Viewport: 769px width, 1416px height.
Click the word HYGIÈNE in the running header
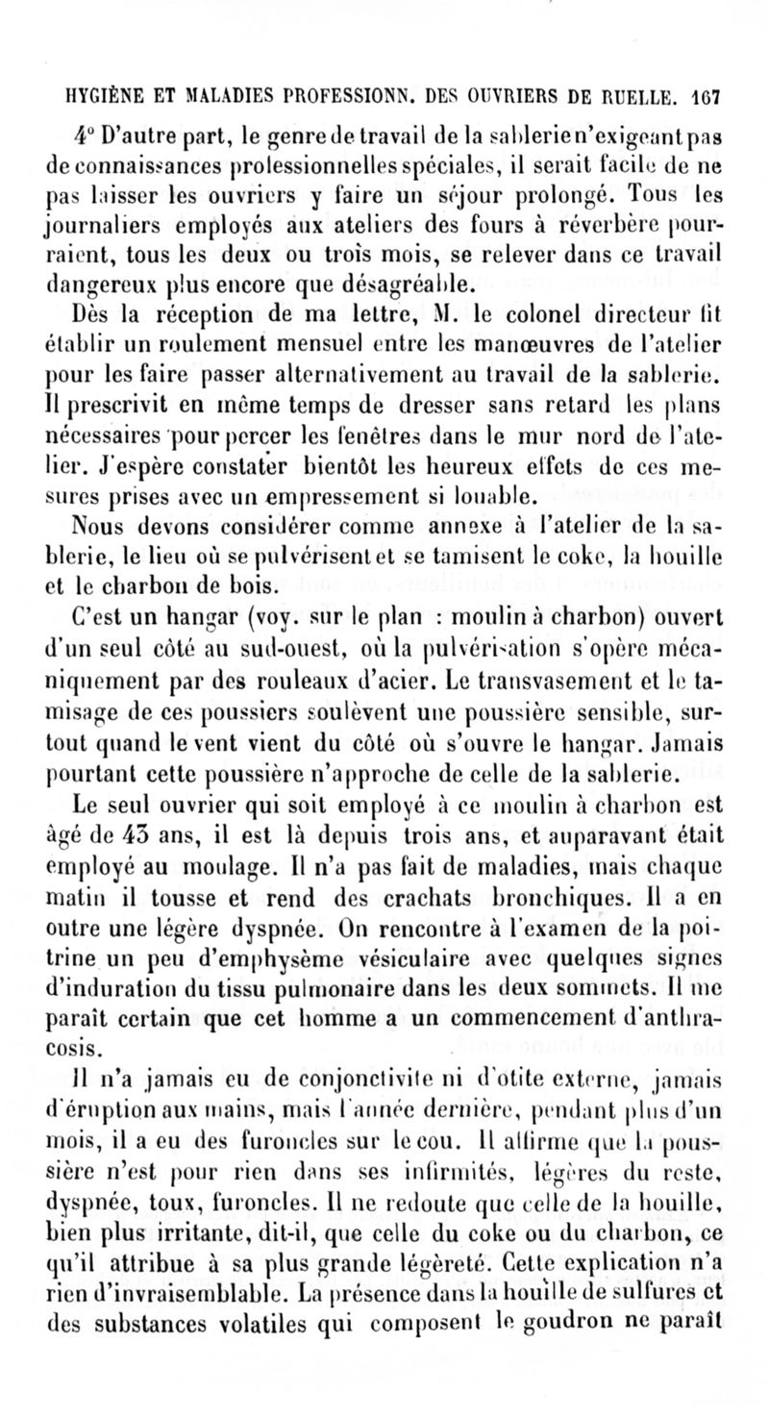pyautogui.click(x=103, y=97)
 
